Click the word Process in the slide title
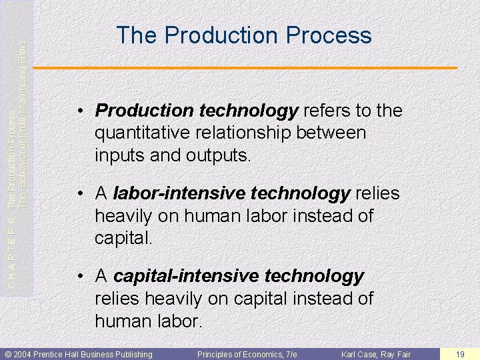coord(328,35)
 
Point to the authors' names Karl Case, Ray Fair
coord(375,354)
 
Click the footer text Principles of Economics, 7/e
coord(247,354)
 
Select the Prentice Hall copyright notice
coord(79,354)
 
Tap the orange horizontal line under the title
coord(245,68)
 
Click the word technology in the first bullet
coord(248,111)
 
